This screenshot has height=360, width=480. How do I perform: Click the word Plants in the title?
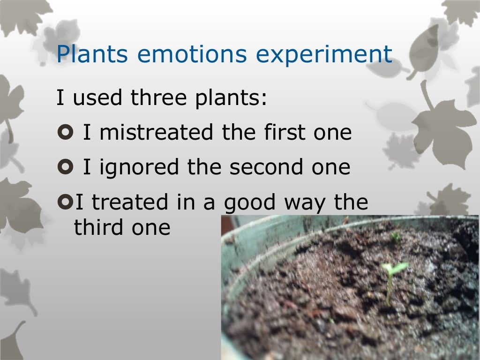[x=92, y=54]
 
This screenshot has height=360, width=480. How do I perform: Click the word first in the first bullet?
[x=278, y=133]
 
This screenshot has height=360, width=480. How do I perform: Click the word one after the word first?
[x=332, y=133]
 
